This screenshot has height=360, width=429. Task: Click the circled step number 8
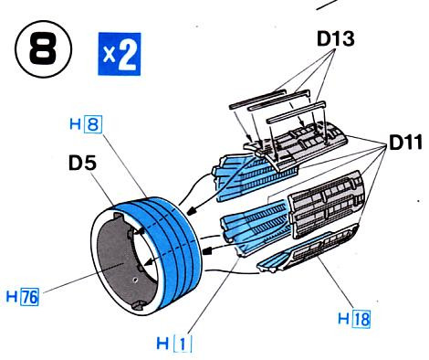click(43, 49)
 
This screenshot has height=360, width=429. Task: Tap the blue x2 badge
click(120, 54)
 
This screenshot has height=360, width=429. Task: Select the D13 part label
click(336, 39)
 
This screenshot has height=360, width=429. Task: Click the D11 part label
click(405, 143)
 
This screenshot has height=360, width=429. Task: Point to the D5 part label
click(82, 163)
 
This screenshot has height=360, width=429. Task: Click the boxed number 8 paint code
click(93, 124)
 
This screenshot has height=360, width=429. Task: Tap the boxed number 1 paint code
click(183, 344)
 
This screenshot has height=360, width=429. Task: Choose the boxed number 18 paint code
click(361, 319)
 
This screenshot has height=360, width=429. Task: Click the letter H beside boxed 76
click(12, 297)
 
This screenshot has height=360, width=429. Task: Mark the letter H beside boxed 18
click(343, 319)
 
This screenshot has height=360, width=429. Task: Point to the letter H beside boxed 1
click(162, 344)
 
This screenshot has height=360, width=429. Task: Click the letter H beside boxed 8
click(75, 124)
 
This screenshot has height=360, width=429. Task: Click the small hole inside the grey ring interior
click(135, 279)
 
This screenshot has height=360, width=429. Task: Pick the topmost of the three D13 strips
click(257, 98)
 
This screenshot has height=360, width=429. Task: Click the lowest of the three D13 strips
click(296, 112)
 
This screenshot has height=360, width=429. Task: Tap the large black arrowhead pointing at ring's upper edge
click(192, 211)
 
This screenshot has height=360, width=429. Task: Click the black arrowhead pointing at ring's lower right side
click(207, 251)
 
